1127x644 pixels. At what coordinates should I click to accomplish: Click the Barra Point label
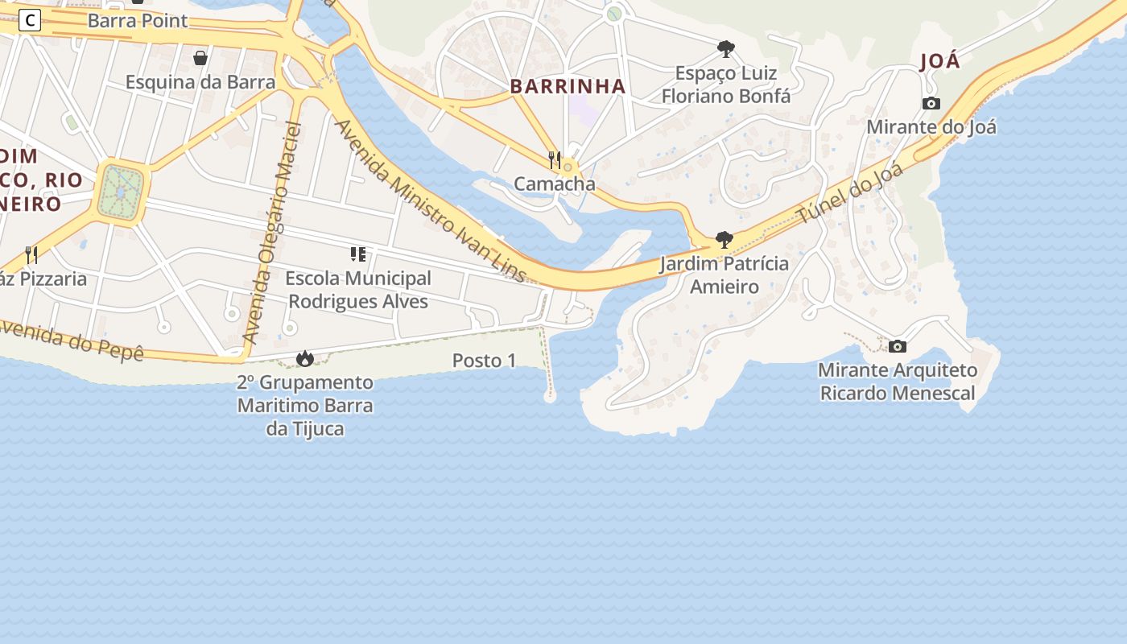(x=137, y=20)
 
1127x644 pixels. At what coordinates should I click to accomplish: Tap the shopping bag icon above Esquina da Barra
(x=200, y=58)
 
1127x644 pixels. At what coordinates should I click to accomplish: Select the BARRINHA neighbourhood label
(x=568, y=87)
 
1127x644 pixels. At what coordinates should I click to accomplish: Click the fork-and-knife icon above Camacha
(x=554, y=159)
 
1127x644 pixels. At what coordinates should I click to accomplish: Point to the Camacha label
(x=554, y=184)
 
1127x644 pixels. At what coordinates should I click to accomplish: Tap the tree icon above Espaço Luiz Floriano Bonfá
(x=725, y=50)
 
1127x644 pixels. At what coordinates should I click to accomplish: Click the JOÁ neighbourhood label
(x=940, y=62)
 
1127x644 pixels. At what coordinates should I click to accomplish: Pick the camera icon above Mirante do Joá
(x=931, y=103)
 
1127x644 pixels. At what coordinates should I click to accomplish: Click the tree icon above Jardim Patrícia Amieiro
(x=724, y=240)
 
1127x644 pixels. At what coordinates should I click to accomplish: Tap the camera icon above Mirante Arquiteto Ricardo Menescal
(x=897, y=347)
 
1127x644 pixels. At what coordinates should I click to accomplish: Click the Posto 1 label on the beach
(x=484, y=361)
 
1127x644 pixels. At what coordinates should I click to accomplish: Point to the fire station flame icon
(x=304, y=358)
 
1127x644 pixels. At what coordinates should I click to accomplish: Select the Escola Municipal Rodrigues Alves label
(x=358, y=290)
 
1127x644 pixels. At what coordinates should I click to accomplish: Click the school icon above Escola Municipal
(x=358, y=255)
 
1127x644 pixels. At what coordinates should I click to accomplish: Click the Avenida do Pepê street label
(x=72, y=340)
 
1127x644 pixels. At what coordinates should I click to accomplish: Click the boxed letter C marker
(x=29, y=20)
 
